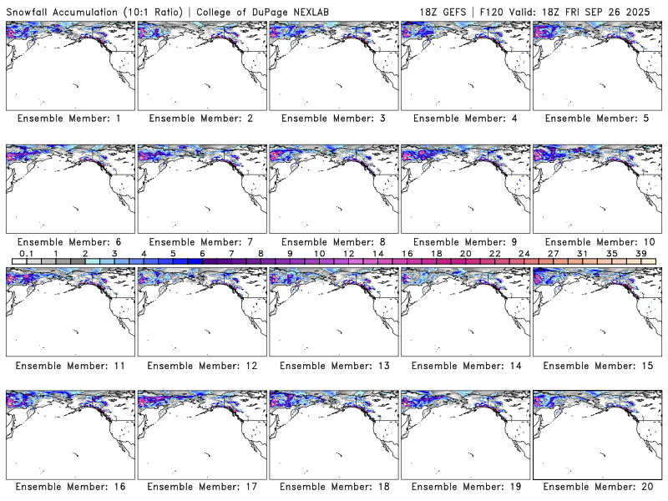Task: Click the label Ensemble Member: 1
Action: tap(68, 119)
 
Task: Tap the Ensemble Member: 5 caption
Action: tap(596, 119)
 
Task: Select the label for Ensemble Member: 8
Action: tap(332, 241)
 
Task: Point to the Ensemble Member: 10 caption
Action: tap(596, 241)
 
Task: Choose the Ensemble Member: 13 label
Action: tap(332, 365)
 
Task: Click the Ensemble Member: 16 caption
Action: tap(68, 486)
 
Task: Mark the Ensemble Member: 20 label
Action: tap(596, 486)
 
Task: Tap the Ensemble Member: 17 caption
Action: tap(200, 486)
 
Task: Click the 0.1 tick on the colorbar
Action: tap(26, 253)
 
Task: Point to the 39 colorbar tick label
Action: tap(640, 253)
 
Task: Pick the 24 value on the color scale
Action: tap(524, 253)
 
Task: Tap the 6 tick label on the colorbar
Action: tap(202, 253)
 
